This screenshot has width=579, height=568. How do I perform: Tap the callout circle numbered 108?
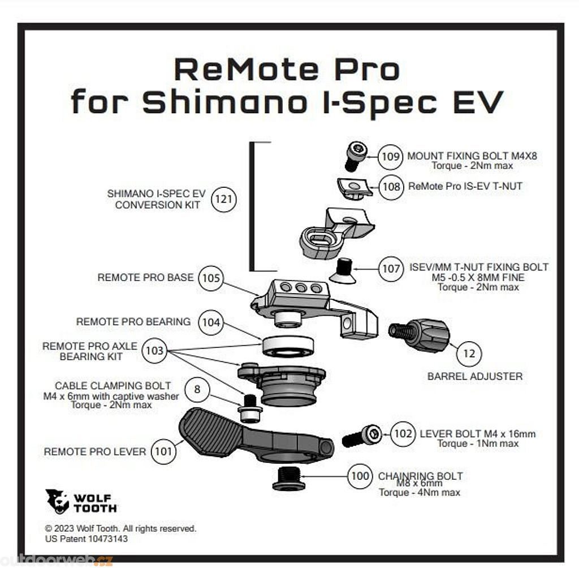pos(391,186)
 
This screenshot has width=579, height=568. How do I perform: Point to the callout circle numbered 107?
pos(391,268)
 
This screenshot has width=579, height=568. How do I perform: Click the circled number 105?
pos(211,278)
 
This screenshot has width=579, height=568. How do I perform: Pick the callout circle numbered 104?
pos(211,322)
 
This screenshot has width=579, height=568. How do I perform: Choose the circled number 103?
pos(154,351)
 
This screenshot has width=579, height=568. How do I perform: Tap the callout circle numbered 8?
pos(197,390)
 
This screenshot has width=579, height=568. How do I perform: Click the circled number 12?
pos(469,354)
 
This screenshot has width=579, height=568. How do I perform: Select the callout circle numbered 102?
pos(403,434)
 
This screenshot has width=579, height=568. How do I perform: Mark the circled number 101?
pos(163,451)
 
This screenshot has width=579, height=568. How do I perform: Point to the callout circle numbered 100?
pos(360,476)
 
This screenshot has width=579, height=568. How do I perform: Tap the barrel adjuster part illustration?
pos(420,334)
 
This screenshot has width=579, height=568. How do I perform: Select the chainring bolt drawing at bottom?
pos(289,479)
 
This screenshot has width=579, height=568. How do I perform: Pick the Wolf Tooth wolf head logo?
pos(57,501)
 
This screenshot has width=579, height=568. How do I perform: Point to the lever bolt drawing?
pos(362,436)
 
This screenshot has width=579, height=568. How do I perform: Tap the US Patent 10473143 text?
pos(86,539)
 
